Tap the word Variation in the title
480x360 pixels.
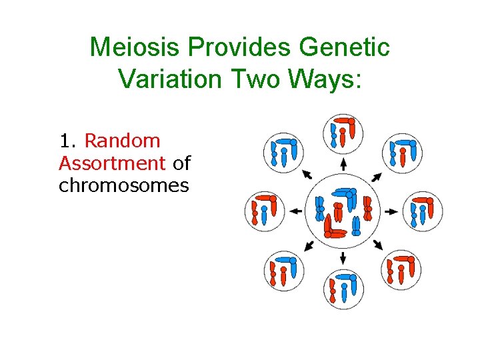(169, 78)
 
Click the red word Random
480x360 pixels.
(123, 141)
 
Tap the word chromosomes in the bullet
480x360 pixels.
(124, 185)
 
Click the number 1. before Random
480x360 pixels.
(69, 141)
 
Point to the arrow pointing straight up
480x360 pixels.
(343, 164)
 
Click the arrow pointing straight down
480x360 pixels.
(343, 257)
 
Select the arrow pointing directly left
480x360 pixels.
(296, 211)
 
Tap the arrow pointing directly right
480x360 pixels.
(391, 211)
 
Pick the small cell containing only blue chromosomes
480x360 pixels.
(284, 153)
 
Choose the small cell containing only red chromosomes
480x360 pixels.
(402, 269)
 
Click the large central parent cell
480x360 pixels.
(343, 211)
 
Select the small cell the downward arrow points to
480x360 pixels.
(343, 288)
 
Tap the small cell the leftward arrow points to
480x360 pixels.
(264, 211)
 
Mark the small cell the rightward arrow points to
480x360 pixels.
(423, 211)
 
